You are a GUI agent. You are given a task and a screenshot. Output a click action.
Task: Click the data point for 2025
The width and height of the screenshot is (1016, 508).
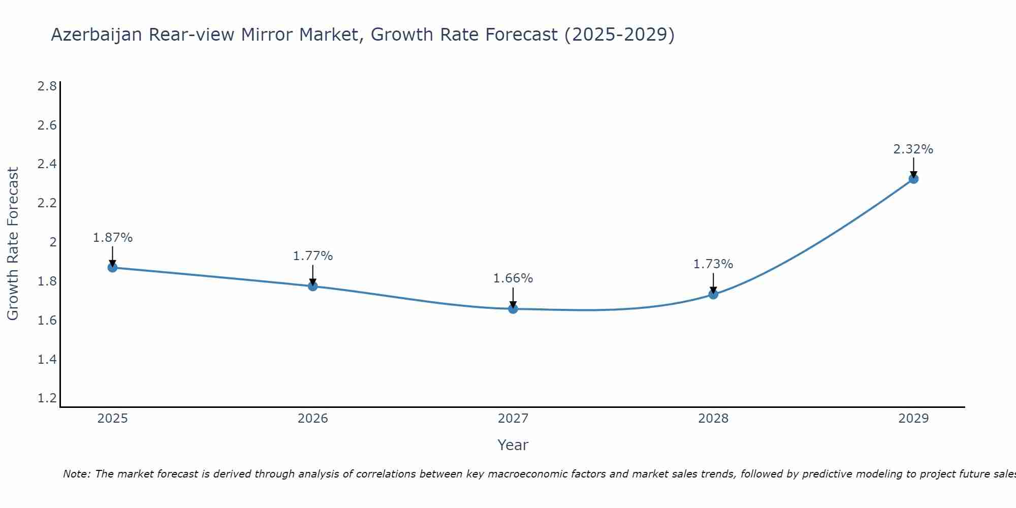[x=112, y=268]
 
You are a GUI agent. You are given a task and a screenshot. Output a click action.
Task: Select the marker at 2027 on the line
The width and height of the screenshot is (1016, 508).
[x=513, y=308]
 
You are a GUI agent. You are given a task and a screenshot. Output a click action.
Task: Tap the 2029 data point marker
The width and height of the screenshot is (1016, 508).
[x=913, y=179]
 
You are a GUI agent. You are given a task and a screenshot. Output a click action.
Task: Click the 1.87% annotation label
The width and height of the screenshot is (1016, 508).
[x=113, y=238]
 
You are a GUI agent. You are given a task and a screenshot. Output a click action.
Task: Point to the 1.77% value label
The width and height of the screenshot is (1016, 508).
[x=313, y=256]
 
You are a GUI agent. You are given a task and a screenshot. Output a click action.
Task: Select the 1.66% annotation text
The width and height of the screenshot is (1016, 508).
[x=513, y=278]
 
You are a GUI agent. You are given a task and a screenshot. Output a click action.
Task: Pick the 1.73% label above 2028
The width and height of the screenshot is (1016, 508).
[x=713, y=264]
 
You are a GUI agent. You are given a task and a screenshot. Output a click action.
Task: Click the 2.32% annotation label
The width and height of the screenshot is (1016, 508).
[x=913, y=149]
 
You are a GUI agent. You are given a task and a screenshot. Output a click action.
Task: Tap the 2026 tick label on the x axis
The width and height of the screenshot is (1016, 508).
[x=313, y=419]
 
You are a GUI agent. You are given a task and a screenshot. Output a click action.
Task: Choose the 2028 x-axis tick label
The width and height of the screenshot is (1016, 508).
[x=713, y=419]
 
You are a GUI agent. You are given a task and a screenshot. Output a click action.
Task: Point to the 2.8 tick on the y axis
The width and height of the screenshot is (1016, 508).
[x=47, y=86]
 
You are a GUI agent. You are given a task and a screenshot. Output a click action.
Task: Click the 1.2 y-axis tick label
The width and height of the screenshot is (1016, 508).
[x=47, y=398]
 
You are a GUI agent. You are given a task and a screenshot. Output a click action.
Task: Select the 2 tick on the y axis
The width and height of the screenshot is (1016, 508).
[x=53, y=242]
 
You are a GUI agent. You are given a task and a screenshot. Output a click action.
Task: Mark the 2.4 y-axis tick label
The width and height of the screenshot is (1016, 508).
[x=47, y=164]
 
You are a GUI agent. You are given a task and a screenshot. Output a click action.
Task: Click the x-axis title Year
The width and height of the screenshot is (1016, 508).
[x=513, y=445]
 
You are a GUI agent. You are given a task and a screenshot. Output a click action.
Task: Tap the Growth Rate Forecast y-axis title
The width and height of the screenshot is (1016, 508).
[x=13, y=244]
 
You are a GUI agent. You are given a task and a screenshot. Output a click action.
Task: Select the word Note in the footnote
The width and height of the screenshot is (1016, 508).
[x=76, y=474]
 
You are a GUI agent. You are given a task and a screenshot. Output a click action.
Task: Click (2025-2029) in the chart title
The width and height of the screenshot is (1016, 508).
[x=620, y=35]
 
